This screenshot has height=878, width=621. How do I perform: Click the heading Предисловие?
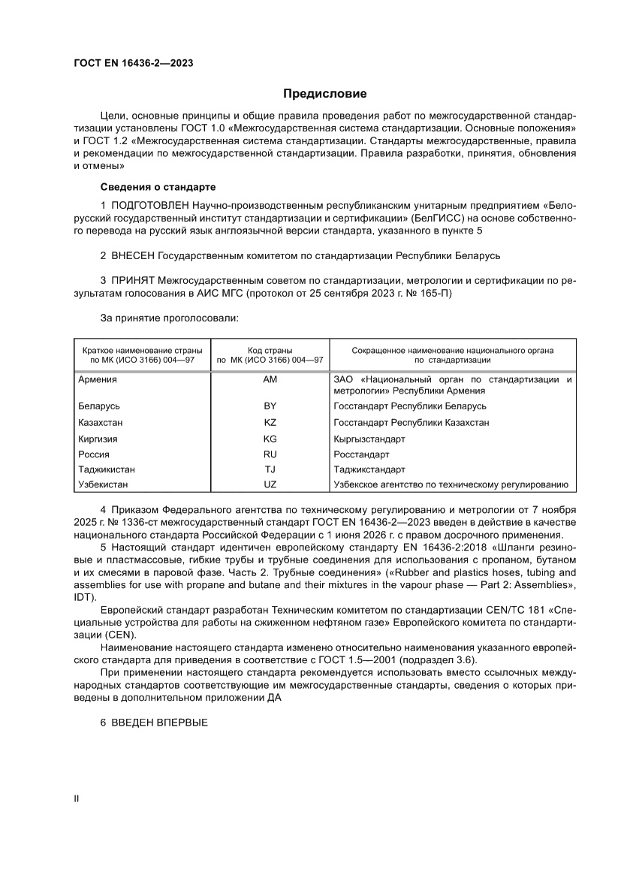click(x=324, y=94)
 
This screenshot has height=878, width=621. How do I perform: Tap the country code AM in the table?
click(x=270, y=379)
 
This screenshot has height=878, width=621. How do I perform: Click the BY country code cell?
click(x=270, y=406)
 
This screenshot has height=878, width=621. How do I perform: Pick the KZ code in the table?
click(x=270, y=422)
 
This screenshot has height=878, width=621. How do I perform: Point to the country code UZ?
click(x=270, y=485)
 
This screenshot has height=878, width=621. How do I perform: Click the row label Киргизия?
click(x=98, y=439)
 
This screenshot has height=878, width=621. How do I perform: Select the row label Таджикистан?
click(x=107, y=469)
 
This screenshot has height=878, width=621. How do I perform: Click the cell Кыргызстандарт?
click(x=369, y=439)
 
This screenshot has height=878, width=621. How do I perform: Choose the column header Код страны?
click(x=270, y=350)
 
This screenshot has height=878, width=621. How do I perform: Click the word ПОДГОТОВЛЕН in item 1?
click(x=149, y=205)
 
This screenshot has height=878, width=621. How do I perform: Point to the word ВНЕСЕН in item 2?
click(x=133, y=256)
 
